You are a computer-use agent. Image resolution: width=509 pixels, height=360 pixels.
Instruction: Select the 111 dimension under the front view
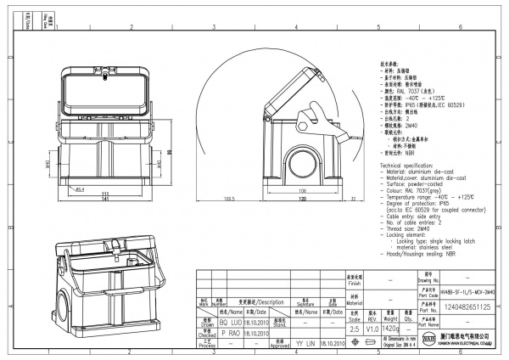pos(104,193)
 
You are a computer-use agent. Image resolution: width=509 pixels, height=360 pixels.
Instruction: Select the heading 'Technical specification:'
pos(411,165)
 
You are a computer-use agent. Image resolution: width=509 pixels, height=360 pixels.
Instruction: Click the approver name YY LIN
pos(303,346)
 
